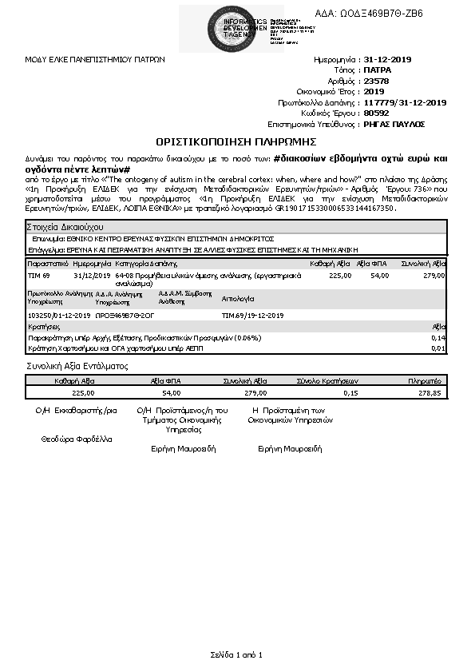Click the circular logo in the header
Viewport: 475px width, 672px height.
[228, 27]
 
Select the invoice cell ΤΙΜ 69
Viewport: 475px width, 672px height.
[39, 274]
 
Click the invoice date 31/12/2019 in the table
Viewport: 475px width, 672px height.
[89, 274]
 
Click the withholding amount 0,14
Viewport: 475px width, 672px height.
[437, 338]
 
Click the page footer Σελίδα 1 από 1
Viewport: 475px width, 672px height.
[236, 655]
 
